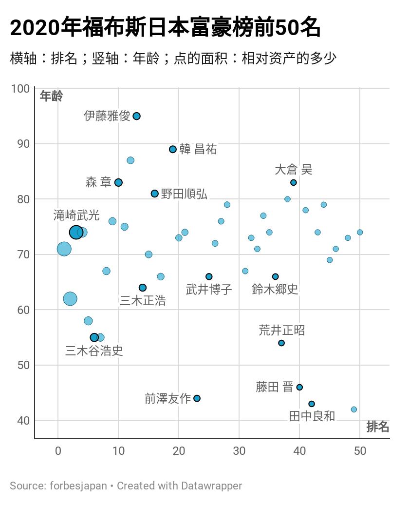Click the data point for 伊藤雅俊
[137, 116]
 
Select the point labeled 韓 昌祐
[173, 149]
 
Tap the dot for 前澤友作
[197, 398]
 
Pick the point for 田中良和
[312, 404]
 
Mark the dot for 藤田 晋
[299, 387]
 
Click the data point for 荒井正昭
[281, 343]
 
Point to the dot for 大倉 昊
[294, 182]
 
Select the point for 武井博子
[209, 276]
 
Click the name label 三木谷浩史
[94, 351]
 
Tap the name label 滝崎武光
[76, 215]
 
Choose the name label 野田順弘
[184, 194]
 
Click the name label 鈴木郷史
[275, 289]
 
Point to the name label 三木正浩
[143, 301]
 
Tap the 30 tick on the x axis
[239, 451]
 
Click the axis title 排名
[377, 427]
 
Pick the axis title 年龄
[51, 96]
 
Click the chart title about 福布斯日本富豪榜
[166, 28]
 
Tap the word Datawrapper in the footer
[211, 486]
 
